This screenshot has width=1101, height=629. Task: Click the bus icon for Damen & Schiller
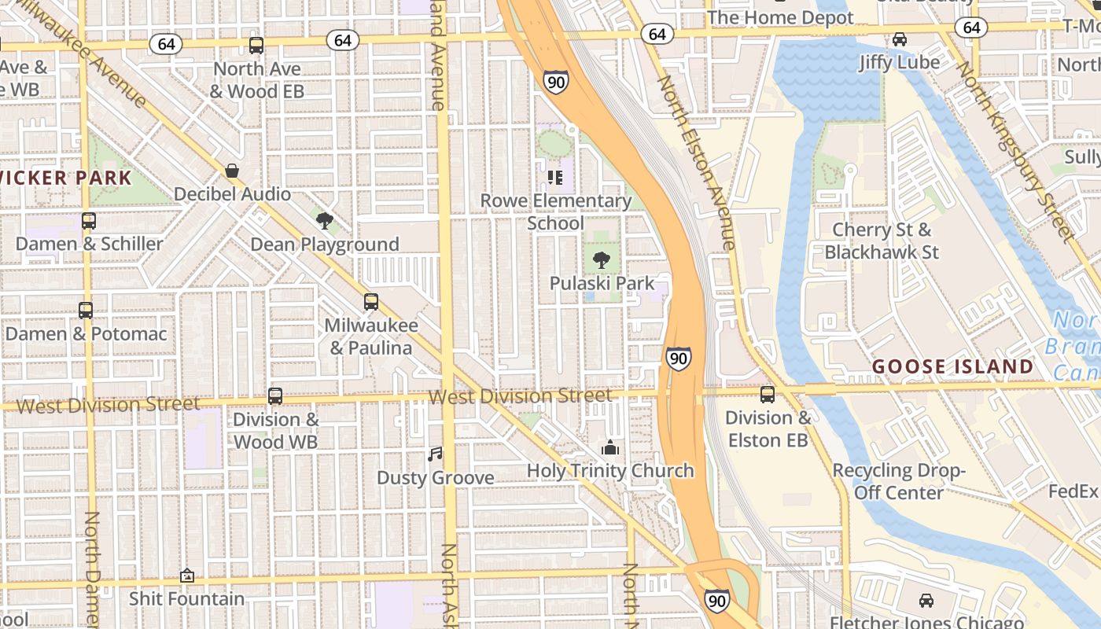coord(89,221)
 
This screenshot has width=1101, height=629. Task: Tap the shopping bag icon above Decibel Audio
coord(232,171)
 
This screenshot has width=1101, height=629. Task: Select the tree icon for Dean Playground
coord(324,221)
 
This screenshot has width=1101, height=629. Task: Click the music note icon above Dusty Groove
coord(435,454)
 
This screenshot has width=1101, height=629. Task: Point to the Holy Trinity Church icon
coord(609,448)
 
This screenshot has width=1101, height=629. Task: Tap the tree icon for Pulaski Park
coord(602,260)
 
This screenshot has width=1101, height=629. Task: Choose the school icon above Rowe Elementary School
coord(555,178)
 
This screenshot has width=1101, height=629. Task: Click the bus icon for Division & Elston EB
coord(767,395)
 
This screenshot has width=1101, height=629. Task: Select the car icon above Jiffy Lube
coord(899,39)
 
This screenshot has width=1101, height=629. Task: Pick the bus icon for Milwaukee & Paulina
coord(370,302)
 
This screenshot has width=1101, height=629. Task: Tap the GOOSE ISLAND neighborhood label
coord(952,366)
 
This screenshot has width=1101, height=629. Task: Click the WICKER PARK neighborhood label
coord(66,178)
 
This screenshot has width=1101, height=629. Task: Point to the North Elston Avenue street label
coord(696,163)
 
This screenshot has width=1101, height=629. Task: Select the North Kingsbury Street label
coord(1014,150)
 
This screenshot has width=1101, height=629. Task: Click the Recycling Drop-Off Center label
coord(898,481)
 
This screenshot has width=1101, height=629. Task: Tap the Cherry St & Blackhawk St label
coord(882,241)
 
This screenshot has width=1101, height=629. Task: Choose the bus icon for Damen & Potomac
coord(86,311)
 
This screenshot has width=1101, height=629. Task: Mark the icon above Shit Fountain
coord(186,576)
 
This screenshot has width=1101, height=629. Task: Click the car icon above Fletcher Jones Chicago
coord(926,601)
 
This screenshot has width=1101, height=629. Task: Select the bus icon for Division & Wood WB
coord(274,396)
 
